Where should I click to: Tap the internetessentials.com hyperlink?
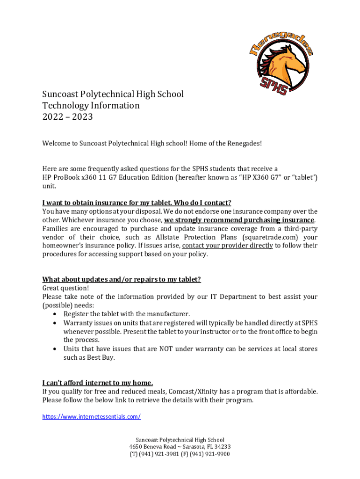91,416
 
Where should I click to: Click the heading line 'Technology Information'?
91,105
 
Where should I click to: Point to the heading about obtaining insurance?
137,203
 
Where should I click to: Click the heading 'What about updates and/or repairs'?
122,279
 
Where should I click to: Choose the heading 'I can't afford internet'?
97,382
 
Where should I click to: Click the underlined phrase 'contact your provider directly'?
227,246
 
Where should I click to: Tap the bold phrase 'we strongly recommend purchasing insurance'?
239,220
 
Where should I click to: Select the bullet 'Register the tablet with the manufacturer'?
127,314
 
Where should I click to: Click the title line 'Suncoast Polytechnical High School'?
113,94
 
